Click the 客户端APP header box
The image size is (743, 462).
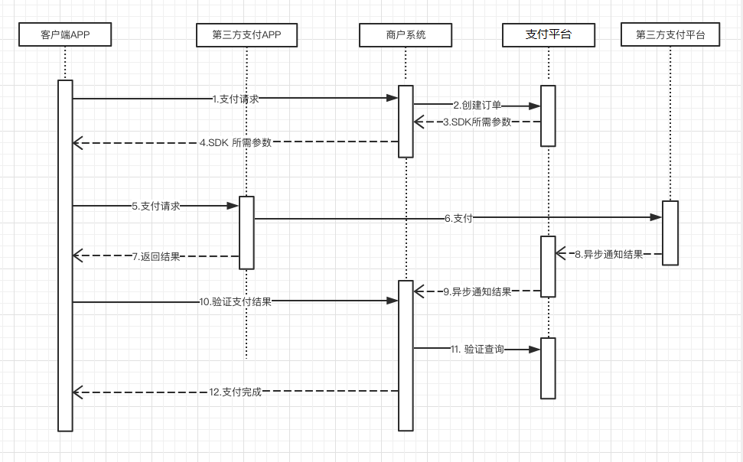65,34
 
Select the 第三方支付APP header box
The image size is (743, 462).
247,35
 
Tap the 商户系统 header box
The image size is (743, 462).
406,35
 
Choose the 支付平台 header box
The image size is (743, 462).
549,35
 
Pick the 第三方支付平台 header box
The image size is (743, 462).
670,34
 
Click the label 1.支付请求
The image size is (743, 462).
236,99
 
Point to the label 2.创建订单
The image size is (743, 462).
477,106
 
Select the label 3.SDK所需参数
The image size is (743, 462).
477,122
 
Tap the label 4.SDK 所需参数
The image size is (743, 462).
236,142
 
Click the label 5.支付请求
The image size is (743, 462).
156,206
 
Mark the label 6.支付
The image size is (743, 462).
458,219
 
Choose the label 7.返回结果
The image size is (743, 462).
156,256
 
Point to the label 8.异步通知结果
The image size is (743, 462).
609,255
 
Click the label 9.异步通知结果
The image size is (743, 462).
477,291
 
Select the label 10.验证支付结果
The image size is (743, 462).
235,302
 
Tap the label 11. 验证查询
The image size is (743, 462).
477,350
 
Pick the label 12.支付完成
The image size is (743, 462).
235,392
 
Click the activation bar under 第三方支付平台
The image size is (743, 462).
670,233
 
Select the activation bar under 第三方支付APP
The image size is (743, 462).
246,233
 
